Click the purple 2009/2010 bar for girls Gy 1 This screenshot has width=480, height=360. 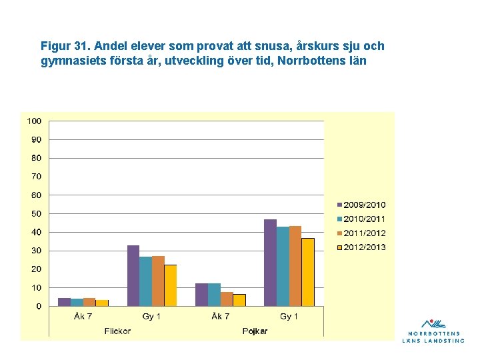(x=133, y=275)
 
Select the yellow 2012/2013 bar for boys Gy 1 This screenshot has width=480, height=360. (x=308, y=272)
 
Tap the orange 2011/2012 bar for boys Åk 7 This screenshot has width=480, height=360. (x=227, y=299)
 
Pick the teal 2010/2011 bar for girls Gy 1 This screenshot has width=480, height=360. (x=146, y=281)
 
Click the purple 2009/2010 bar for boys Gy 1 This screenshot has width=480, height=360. (x=270, y=263)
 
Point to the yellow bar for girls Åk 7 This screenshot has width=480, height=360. (x=102, y=303)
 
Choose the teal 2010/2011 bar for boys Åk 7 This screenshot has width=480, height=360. (x=214, y=295)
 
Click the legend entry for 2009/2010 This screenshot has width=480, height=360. (x=361, y=205)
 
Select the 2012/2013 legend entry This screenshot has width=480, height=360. (x=361, y=247)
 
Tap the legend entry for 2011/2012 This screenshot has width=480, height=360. (x=361, y=233)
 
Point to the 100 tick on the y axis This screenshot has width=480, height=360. (x=34, y=121)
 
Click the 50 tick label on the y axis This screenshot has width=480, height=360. (x=37, y=214)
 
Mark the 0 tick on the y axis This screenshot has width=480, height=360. (x=39, y=306)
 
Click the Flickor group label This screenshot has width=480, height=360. (x=117, y=331)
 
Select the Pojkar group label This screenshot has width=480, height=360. (x=255, y=331)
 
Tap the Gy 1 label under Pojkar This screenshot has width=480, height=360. (x=289, y=316)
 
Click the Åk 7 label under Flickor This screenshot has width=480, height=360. (x=83, y=316)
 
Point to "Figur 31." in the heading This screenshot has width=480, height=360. (x=65, y=46)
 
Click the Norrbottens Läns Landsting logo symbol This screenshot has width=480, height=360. (x=433, y=323)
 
